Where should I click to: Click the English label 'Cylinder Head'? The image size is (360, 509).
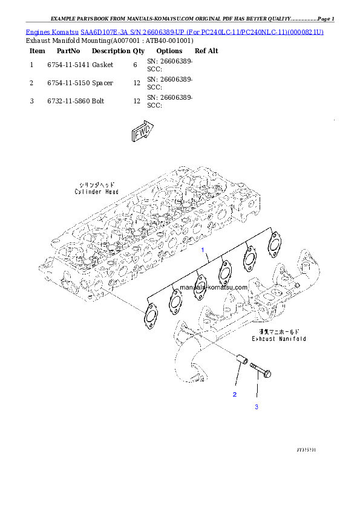click(97, 192)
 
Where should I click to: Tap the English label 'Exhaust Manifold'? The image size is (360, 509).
click(280, 339)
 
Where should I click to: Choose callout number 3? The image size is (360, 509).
click(256, 407)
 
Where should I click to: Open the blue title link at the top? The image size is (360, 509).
click(175, 31)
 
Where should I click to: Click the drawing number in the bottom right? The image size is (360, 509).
click(306, 450)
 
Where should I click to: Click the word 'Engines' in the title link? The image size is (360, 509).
click(38, 31)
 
